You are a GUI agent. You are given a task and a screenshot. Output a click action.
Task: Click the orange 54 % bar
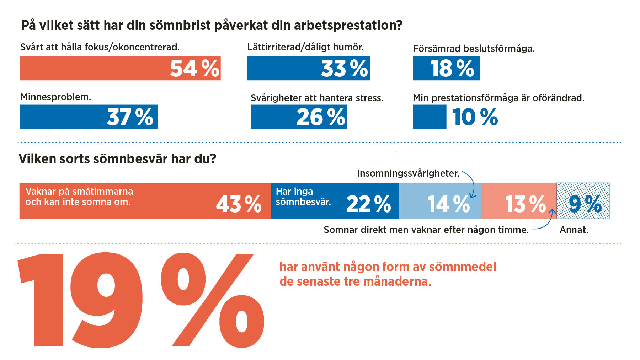tap(120, 68)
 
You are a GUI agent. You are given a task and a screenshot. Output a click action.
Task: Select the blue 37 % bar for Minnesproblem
tap(89, 117)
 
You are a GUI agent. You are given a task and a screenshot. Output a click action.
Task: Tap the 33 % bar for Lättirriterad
tap(308, 68)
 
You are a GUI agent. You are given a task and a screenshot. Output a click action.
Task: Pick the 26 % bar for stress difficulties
tap(299, 117)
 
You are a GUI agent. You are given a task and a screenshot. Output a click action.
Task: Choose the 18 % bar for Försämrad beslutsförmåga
tap(446, 68)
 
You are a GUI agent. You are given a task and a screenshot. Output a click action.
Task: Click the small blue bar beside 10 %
tap(430, 117)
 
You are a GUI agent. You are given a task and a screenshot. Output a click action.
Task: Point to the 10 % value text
tap(475, 117)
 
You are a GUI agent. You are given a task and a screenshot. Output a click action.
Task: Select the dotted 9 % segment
tap(583, 201)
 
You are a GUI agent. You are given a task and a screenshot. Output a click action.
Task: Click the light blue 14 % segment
tap(440, 201)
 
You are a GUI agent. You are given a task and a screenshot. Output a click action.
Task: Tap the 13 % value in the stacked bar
tap(526, 204)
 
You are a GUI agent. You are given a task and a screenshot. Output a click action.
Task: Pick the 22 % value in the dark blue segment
tap(369, 204)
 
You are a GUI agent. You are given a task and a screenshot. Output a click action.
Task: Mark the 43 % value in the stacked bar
tap(239, 204)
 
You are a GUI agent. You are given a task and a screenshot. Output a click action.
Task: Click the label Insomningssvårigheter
tap(408, 173)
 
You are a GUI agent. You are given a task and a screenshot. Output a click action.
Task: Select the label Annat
tap(574, 230)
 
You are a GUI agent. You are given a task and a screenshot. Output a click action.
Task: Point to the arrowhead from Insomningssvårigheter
tap(473, 196)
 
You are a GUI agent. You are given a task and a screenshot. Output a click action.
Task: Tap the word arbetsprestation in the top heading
tap(353, 26)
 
